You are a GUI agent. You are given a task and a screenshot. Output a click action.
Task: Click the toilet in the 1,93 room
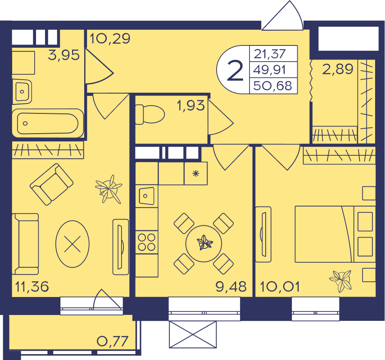[x=150, y=114]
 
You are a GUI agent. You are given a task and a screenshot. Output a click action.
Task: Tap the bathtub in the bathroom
[x=48, y=123]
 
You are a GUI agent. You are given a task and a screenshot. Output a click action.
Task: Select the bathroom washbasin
[x=22, y=92]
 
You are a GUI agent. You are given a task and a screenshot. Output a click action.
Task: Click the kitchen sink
[x=147, y=196]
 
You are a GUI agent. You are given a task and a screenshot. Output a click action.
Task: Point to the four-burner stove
[x=147, y=242]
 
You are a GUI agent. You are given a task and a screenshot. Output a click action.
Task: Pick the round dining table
[x=204, y=243]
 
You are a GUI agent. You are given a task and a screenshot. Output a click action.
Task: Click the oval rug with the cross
[x=72, y=244]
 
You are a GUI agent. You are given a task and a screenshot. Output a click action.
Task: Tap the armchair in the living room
[x=52, y=184]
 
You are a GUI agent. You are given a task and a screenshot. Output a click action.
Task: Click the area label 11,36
[x=32, y=287]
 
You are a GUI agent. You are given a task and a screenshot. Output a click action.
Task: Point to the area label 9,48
[x=231, y=287]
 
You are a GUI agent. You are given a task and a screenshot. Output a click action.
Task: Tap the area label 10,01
[x=280, y=287]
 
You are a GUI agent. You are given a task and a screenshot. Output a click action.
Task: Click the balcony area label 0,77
[x=113, y=341]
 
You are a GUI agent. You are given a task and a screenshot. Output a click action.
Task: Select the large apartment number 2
[x=235, y=71]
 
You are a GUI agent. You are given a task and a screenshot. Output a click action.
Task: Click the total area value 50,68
[x=272, y=86]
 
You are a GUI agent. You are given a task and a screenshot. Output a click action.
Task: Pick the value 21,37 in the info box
[x=270, y=54]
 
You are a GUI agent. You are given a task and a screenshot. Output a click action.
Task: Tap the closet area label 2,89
[x=338, y=69]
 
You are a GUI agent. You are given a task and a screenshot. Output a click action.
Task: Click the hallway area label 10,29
[x=110, y=39]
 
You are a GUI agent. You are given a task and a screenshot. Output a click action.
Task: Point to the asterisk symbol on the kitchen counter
[x=196, y=174]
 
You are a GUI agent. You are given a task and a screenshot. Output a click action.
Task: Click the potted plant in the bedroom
[x=341, y=280]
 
